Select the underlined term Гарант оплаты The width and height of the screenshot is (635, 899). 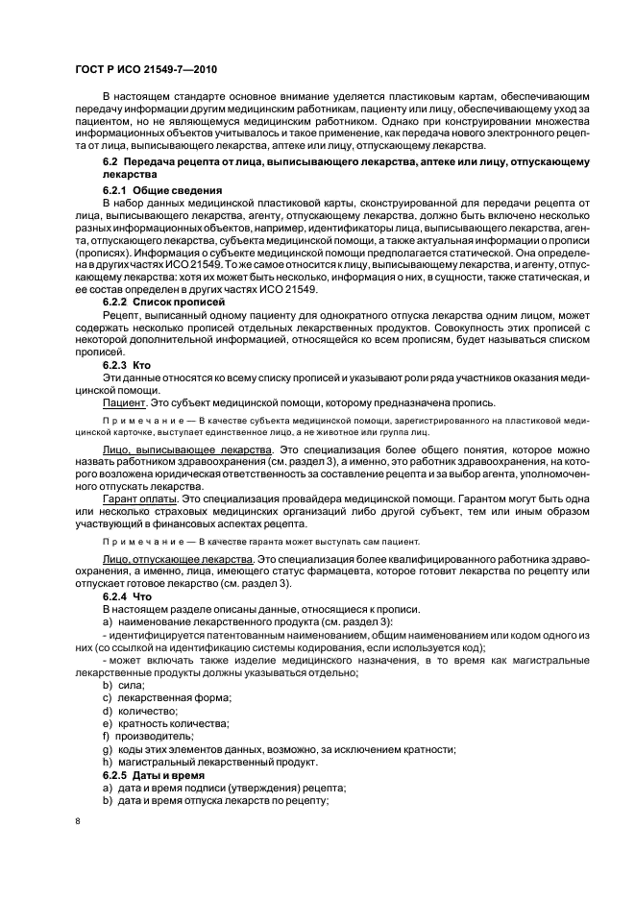[139, 498]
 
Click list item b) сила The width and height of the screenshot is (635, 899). [123, 685]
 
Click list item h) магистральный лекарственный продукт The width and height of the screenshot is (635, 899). [208, 761]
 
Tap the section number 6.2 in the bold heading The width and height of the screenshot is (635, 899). [110, 165]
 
